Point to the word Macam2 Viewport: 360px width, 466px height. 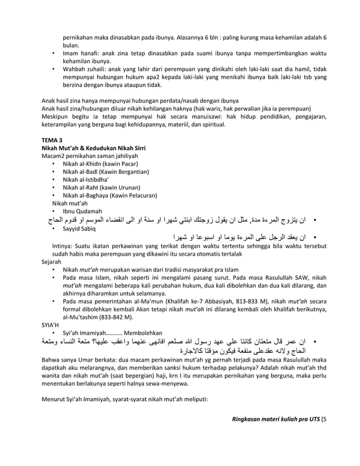tap(56, 156)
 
